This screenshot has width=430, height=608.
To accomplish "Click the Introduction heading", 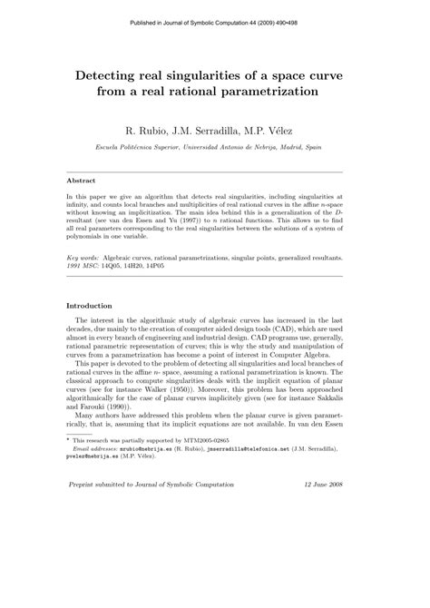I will pyautogui.click(x=94, y=305).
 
